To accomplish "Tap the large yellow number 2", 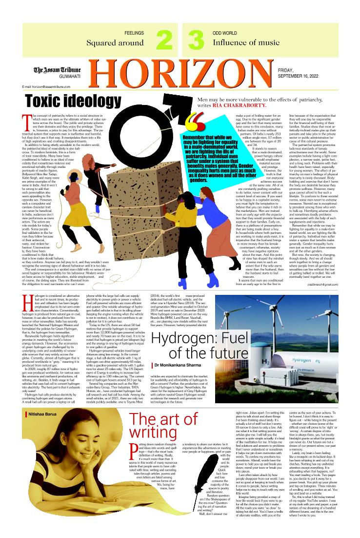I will [x=164, y=40].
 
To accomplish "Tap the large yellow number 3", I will [x=196, y=40].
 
